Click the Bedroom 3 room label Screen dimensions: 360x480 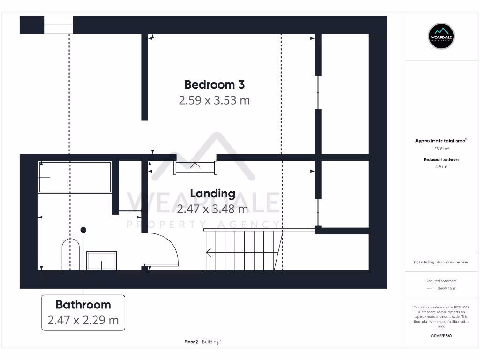click(214, 85)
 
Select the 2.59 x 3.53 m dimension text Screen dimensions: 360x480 click(214, 100)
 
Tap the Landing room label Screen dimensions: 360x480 click(212, 193)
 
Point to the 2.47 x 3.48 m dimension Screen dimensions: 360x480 click(212, 209)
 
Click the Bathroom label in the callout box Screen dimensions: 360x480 click(83, 305)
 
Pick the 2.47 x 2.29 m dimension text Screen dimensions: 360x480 click(83, 321)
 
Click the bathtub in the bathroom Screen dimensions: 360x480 click(75, 177)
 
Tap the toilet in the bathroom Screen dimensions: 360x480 click(70, 255)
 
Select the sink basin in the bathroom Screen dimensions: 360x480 click(101, 261)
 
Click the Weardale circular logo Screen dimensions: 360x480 click(442, 36)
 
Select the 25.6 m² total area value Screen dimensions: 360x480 click(442, 148)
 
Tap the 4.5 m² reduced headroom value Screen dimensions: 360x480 click(442, 166)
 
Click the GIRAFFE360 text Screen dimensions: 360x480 click(442, 336)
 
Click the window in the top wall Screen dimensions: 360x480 click(59, 25)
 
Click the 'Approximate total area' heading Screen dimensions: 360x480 click(441, 141)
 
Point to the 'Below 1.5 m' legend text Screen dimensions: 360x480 click(446, 288)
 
